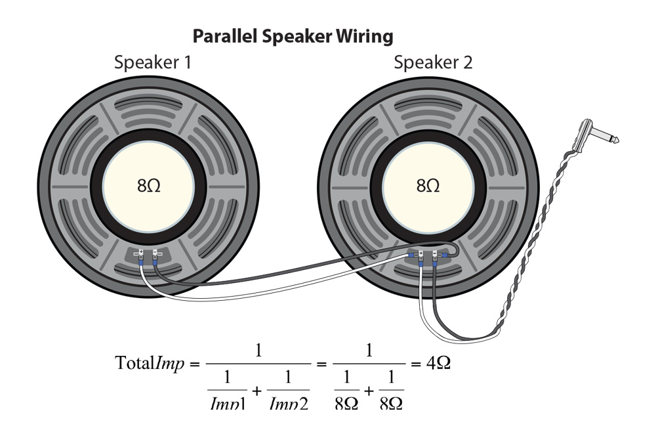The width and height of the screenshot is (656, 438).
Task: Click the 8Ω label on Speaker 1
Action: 148,186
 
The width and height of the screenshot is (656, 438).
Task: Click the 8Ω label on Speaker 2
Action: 428,186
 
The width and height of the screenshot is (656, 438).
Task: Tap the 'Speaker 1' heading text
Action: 152,63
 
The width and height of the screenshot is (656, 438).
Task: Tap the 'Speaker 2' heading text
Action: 432,63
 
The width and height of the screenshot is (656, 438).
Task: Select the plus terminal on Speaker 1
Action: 141,252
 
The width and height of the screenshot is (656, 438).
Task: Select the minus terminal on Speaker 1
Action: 155,252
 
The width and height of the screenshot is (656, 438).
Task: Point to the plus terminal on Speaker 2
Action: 420,252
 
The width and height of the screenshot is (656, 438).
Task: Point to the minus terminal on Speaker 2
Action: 434,252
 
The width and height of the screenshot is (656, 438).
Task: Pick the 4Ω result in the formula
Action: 436,363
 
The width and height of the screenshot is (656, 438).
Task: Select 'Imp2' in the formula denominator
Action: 288,402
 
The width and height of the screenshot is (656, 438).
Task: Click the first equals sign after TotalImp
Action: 194,364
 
